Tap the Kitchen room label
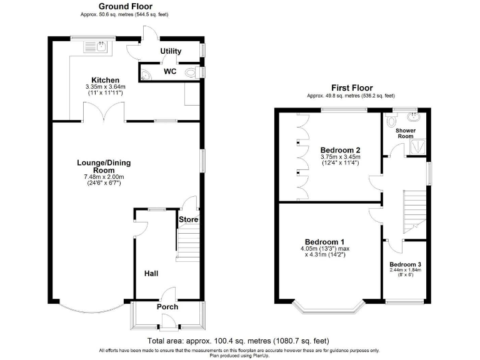tap(106, 80)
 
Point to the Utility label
tap(171, 51)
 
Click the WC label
tap(170, 72)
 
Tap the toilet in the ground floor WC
tap(145, 76)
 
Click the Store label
tap(189, 219)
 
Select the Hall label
tap(151, 273)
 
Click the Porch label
tap(167, 307)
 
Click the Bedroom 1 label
tap(324, 242)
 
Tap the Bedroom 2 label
tap(340, 150)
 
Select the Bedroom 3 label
tap(405, 265)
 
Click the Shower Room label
tap(405, 133)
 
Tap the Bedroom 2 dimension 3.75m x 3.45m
tap(340, 157)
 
